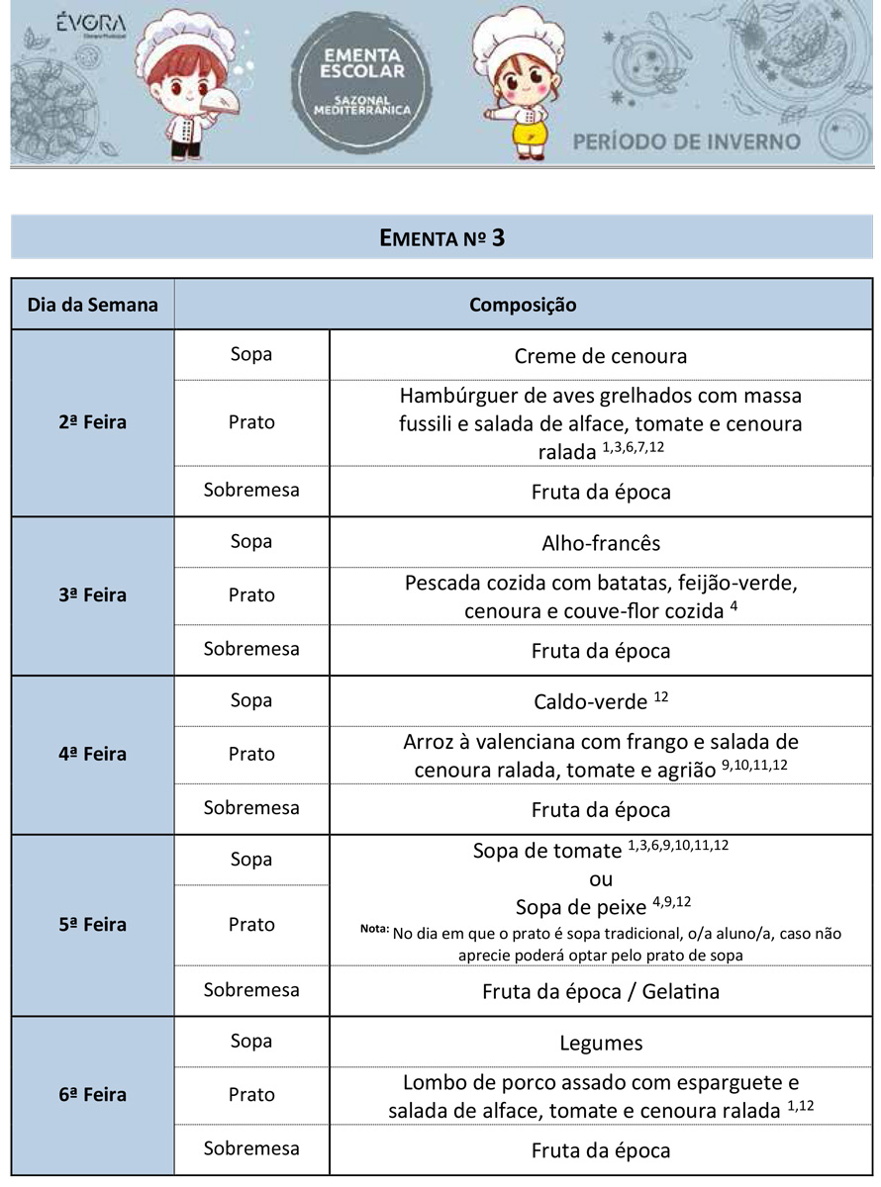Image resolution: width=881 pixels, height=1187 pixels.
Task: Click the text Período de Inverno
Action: coord(686,140)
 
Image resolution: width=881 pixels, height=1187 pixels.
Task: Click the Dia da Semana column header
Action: coord(93,305)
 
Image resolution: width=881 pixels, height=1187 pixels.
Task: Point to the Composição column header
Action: coord(523,305)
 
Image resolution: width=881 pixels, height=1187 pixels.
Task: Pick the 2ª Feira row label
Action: coord(93,422)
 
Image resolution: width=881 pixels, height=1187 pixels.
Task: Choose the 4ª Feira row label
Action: coord(93,754)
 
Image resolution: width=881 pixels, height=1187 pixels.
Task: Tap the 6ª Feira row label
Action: coord(93,1095)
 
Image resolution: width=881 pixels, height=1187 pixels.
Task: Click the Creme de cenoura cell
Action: coord(600,355)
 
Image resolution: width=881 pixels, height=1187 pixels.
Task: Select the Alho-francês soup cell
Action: coord(600,543)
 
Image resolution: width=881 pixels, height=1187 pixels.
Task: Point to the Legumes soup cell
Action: coord(600,1043)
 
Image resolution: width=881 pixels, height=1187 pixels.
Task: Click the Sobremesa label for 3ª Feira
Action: coord(251,649)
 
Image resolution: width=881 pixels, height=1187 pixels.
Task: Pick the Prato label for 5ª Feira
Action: coord(251,924)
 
